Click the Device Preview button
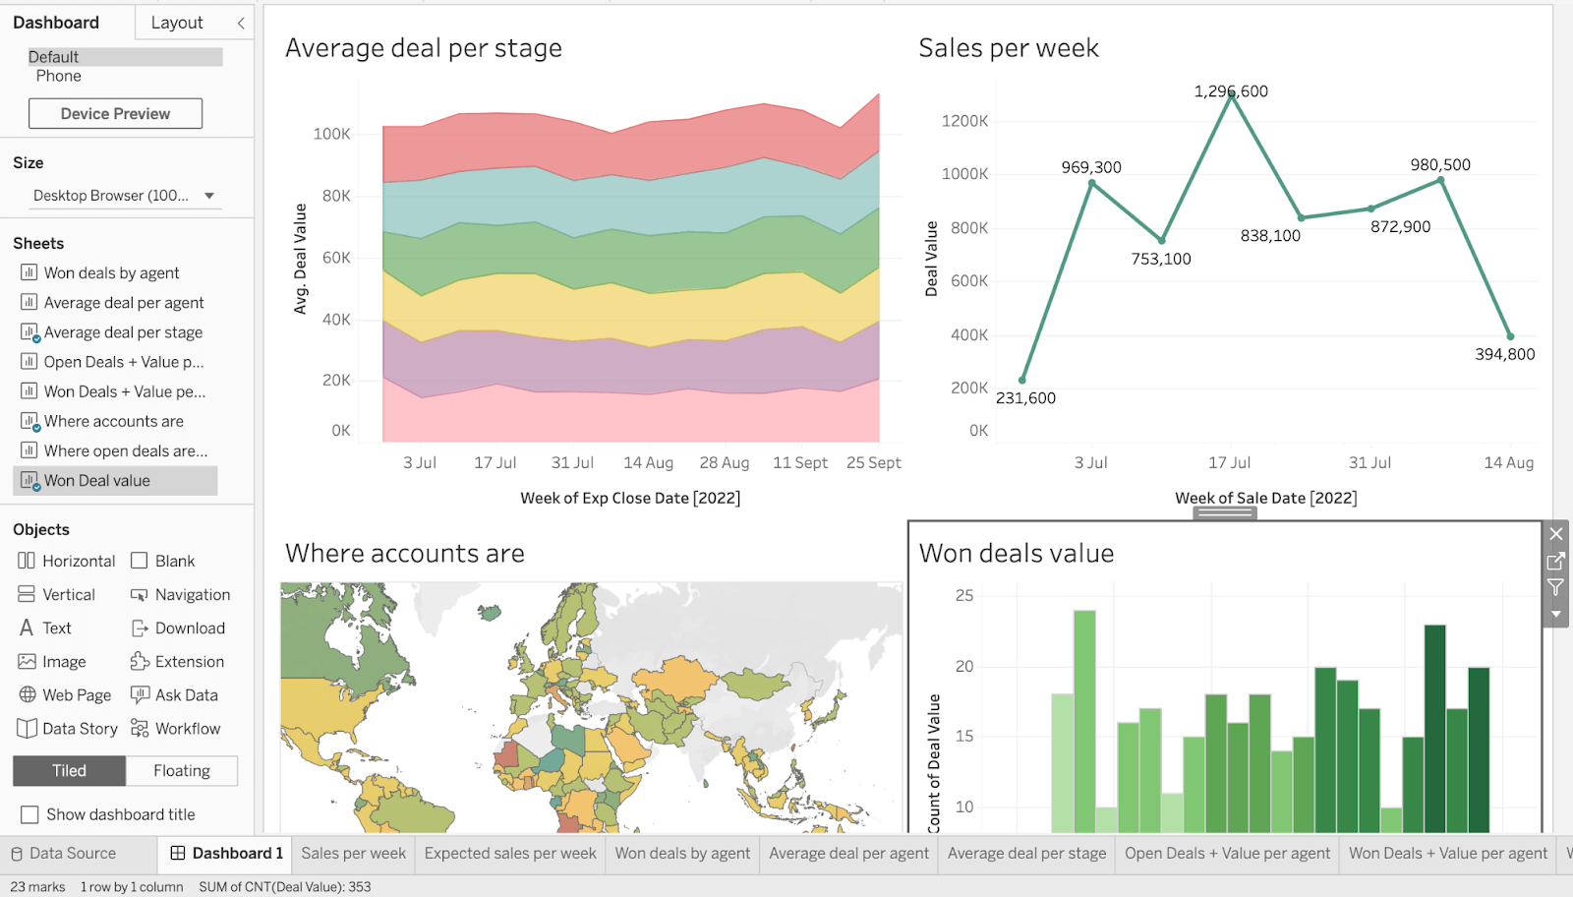click(115, 113)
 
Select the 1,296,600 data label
click(1230, 91)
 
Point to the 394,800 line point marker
click(1510, 336)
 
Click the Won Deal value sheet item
click(96, 481)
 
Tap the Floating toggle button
click(182, 771)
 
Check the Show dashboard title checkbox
click(30, 814)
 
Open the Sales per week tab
click(353, 854)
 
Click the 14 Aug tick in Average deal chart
click(648, 462)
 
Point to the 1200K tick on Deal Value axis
click(964, 121)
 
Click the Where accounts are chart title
click(404, 554)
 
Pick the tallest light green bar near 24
click(1084, 718)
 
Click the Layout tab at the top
click(177, 23)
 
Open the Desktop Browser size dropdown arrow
click(209, 196)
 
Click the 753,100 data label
click(1160, 259)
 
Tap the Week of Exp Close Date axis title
click(630, 498)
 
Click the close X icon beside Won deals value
click(1555, 534)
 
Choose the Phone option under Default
click(59, 76)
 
